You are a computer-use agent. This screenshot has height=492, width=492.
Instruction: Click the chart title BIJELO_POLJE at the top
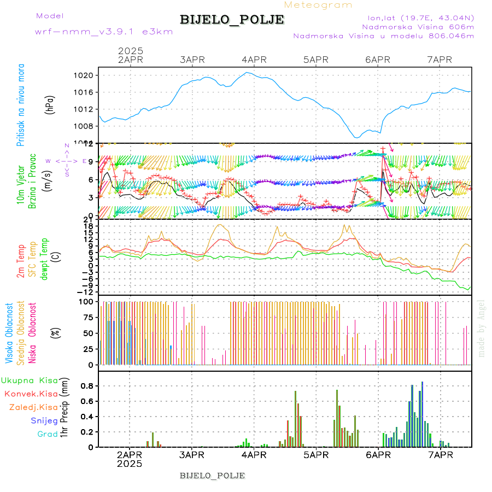[232, 20]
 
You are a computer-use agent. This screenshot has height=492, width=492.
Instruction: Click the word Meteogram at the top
[318, 5]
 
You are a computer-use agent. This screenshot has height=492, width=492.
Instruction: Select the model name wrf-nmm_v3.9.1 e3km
[104, 31]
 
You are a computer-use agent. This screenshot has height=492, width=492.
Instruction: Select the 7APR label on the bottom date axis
[441, 454]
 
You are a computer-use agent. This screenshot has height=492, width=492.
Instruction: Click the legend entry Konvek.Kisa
[31, 394]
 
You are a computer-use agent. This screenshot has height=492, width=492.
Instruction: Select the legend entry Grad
[47, 434]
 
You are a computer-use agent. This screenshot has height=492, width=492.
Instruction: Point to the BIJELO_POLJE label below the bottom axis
[212, 475]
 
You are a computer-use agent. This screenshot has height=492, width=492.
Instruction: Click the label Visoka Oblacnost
[9, 333]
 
